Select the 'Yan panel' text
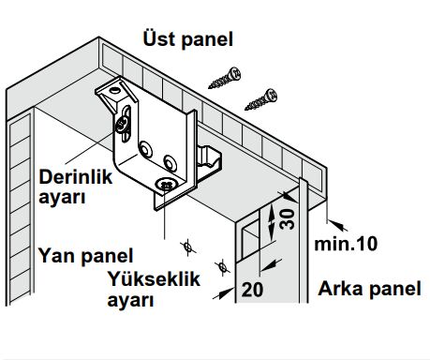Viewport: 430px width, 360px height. coord(85,255)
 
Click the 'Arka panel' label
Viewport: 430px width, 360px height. coord(368,289)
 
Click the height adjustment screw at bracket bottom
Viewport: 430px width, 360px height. coord(166,185)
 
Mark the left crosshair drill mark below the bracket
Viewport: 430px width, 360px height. coord(187,247)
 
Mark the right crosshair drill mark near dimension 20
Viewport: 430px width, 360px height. coord(224,264)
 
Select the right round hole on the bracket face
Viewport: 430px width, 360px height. coord(170,160)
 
